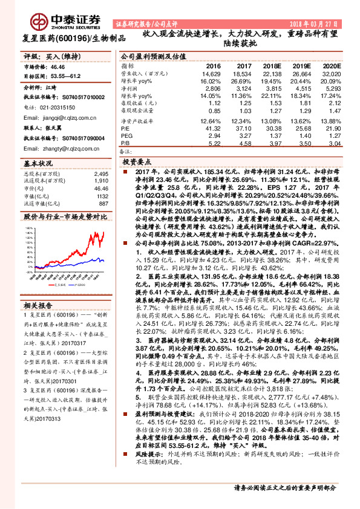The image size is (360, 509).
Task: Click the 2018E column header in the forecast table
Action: (275, 65)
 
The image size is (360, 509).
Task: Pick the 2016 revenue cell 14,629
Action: (213, 73)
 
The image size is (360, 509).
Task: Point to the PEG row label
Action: (126, 137)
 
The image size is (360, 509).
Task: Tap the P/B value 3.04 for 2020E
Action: (334, 144)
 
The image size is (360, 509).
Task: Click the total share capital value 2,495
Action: (100, 173)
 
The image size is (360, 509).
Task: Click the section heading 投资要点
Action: (136, 163)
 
